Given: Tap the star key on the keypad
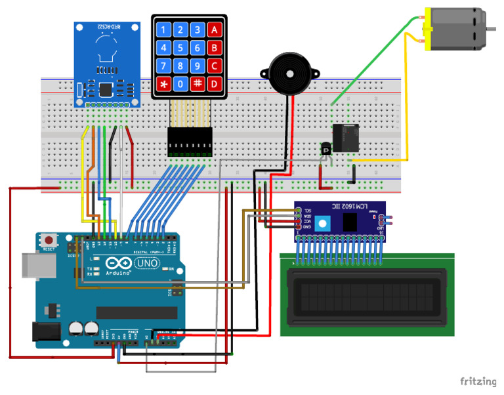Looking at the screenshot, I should pyautogui.click(x=163, y=84).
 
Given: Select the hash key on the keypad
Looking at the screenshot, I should pyautogui.click(x=198, y=84).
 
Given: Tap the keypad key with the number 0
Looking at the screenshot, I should pyautogui.click(x=180, y=84).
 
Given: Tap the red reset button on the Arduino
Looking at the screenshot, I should pyautogui.click(x=47, y=239).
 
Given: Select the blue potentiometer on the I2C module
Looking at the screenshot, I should pyautogui.click(x=322, y=223).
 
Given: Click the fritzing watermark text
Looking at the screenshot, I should pyautogui.click(x=478, y=381).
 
